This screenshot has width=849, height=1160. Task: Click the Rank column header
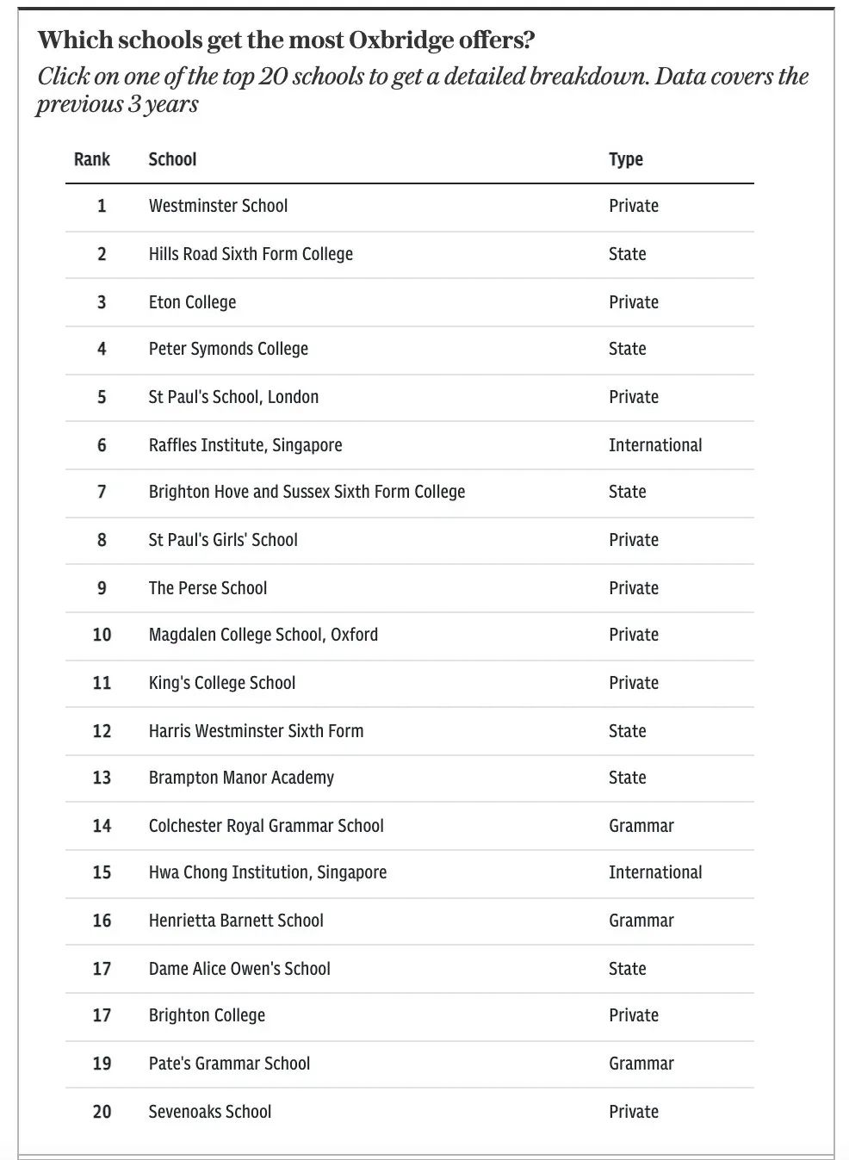(x=92, y=159)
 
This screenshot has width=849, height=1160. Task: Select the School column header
(x=172, y=159)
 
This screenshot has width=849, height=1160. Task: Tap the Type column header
(x=626, y=159)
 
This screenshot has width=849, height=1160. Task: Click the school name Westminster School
(x=218, y=206)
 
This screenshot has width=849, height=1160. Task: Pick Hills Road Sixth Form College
(x=251, y=254)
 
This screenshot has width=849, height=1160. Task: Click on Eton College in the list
(x=192, y=302)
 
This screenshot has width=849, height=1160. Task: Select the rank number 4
(x=102, y=349)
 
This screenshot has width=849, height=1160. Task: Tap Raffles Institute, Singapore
(x=245, y=445)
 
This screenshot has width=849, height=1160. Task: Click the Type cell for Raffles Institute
(x=655, y=445)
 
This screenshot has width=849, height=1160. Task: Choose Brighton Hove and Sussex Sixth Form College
(x=307, y=492)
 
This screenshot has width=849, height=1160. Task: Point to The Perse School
(x=208, y=588)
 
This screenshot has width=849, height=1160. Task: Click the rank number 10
(x=102, y=635)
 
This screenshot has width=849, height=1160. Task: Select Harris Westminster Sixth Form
(x=256, y=731)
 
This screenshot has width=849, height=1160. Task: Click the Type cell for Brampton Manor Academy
(x=627, y=778)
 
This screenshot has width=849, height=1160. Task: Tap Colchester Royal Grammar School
(x=266, y=826)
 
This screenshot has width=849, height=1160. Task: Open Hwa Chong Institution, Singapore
(x=267, y=872)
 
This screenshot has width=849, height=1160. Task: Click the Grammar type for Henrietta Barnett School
(x=641, y=921)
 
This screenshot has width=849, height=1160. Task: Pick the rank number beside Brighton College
(x=102, y=1015)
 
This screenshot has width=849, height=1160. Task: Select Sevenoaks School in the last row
(x=209, y=1112)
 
